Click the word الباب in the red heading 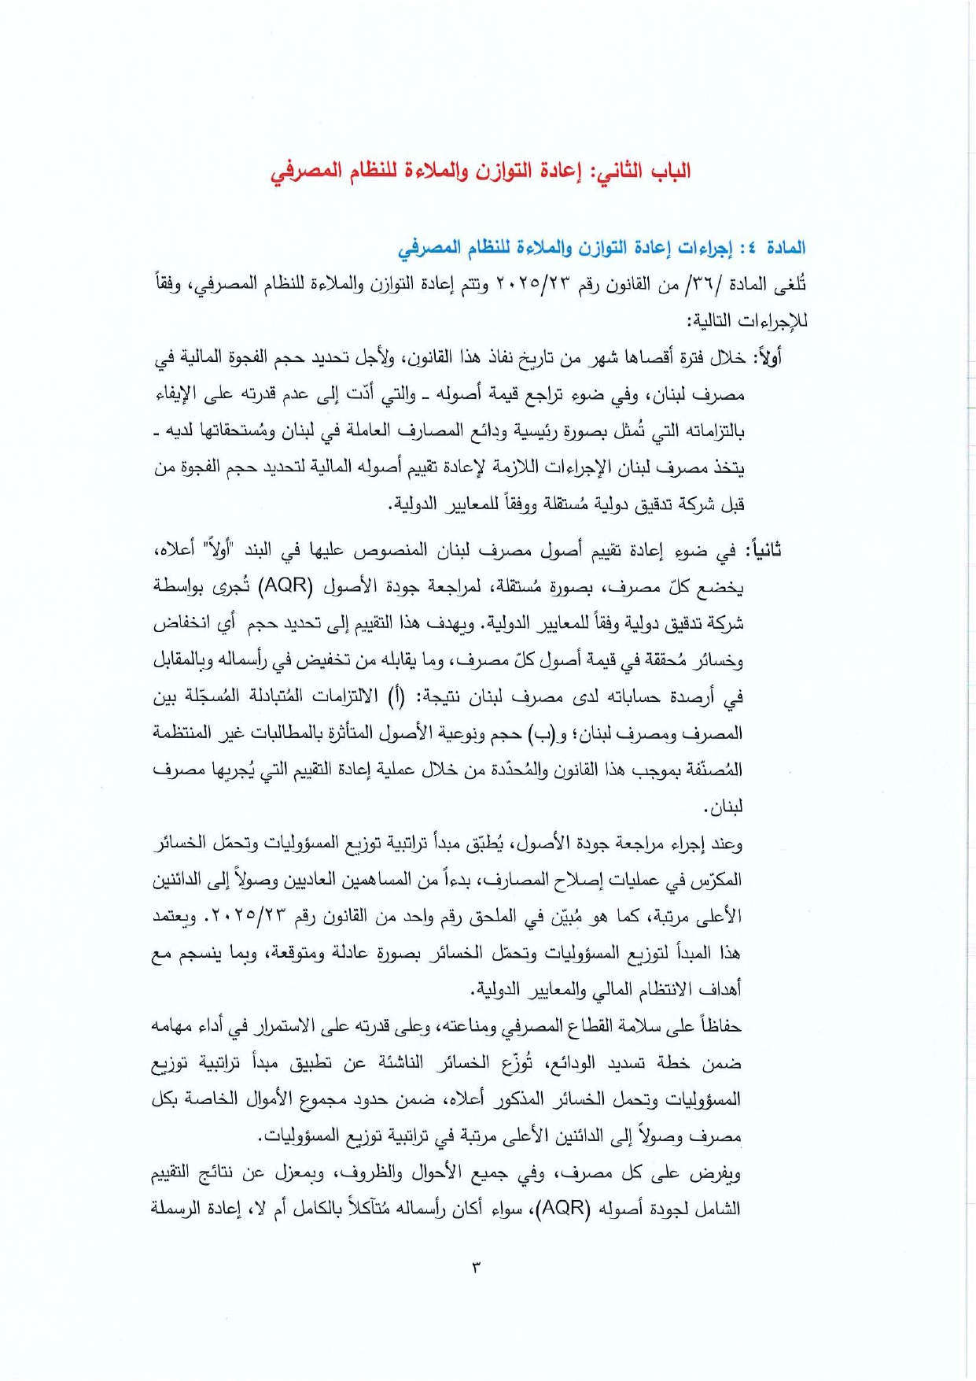[x=668, y=172]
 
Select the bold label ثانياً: [x=762, y=550]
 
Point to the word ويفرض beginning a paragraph [x=719, y=1173]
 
